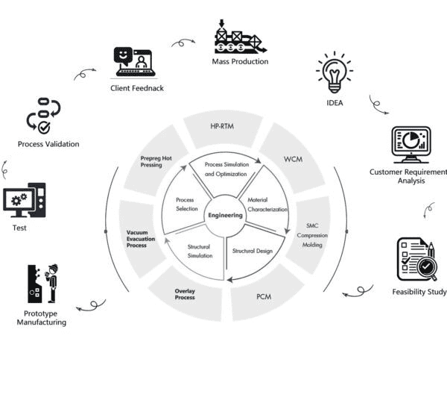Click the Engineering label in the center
coord(225,216)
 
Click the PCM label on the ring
coord(264,297)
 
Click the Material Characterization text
coord(267,204)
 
